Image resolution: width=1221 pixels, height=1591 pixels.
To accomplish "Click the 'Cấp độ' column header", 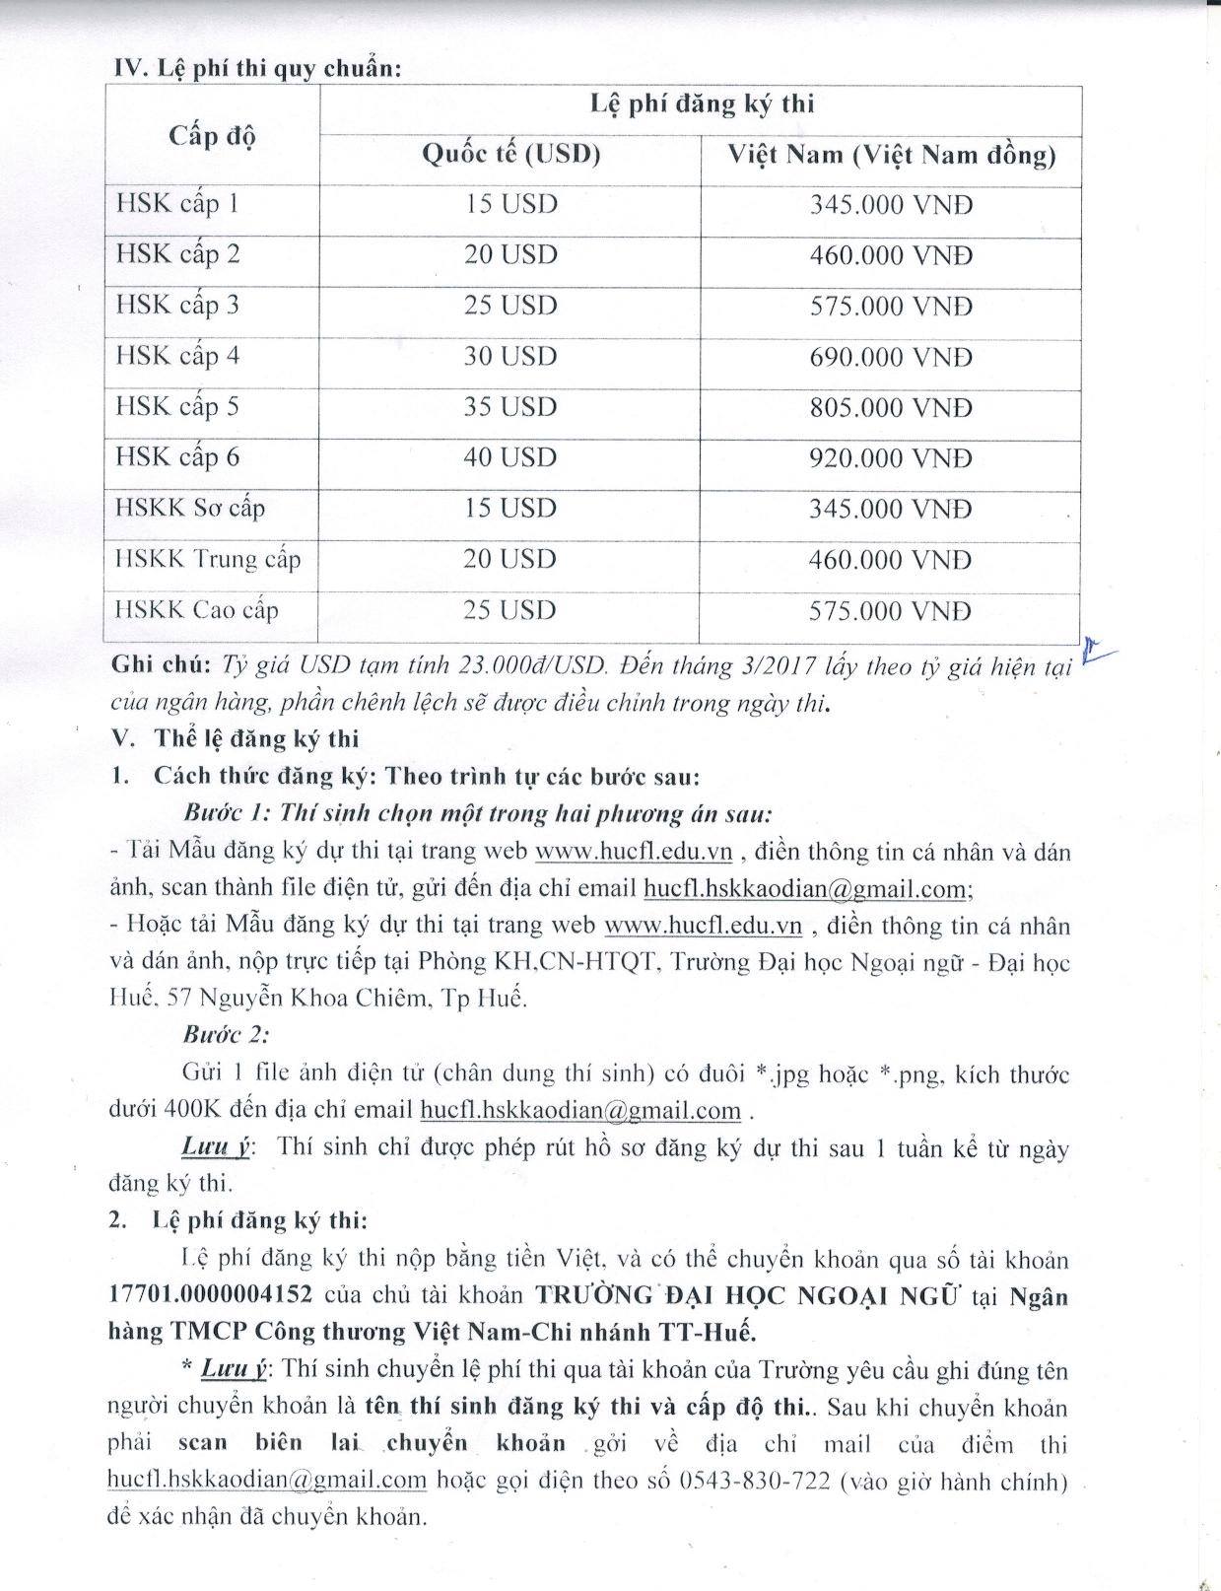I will tap(212, 136).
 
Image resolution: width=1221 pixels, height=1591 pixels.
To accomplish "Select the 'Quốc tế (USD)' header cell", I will tap(510, 155).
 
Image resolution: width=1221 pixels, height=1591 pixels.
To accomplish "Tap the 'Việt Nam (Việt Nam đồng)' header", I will tap(891, 156).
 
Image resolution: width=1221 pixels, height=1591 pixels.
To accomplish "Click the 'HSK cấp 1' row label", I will tap(177, 204).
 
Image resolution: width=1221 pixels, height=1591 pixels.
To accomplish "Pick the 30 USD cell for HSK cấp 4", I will tap(510, 356).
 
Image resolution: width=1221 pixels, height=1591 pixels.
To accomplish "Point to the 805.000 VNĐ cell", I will tap(891, 407).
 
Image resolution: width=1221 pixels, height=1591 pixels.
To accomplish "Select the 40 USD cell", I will tap(510, 457).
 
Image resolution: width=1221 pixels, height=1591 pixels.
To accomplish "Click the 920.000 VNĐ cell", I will tap(891, 458).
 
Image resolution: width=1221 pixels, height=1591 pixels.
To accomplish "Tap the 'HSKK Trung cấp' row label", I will tap(208, 559).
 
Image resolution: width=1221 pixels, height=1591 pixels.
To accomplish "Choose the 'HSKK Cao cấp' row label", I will tap(197, 609).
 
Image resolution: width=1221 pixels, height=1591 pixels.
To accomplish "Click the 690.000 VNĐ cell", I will tap(891, 357).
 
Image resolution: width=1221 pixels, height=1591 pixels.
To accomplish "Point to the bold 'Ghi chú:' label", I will tap(161, 663).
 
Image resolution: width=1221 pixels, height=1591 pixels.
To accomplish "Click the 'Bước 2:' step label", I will tap(227, 1035).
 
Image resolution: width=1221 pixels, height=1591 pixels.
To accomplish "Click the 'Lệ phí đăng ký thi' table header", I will tap(701, 104).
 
